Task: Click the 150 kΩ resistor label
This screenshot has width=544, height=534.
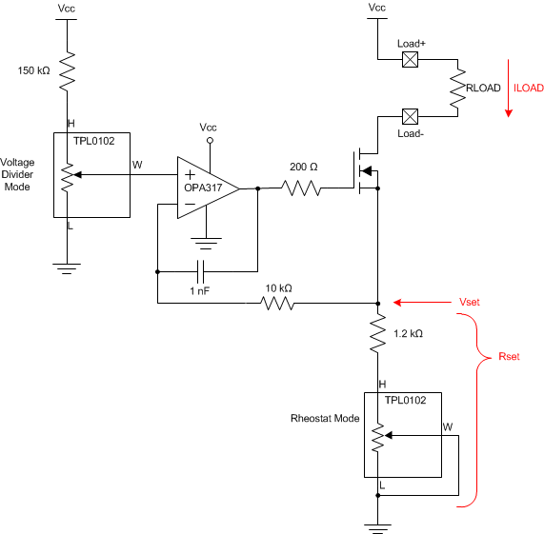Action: point(34,70)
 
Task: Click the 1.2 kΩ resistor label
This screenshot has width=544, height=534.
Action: point(408,334)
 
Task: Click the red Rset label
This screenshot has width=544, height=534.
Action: point(510,358)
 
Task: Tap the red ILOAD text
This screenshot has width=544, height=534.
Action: point(528,88)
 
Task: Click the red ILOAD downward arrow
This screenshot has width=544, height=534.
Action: point(509,96)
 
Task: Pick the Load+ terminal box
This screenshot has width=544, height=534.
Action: point(413,60)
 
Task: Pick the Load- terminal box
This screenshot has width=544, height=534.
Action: point(413,117)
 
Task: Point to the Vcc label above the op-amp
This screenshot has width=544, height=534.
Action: point(209,127)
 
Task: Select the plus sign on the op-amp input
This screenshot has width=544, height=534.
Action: point(190,174)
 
